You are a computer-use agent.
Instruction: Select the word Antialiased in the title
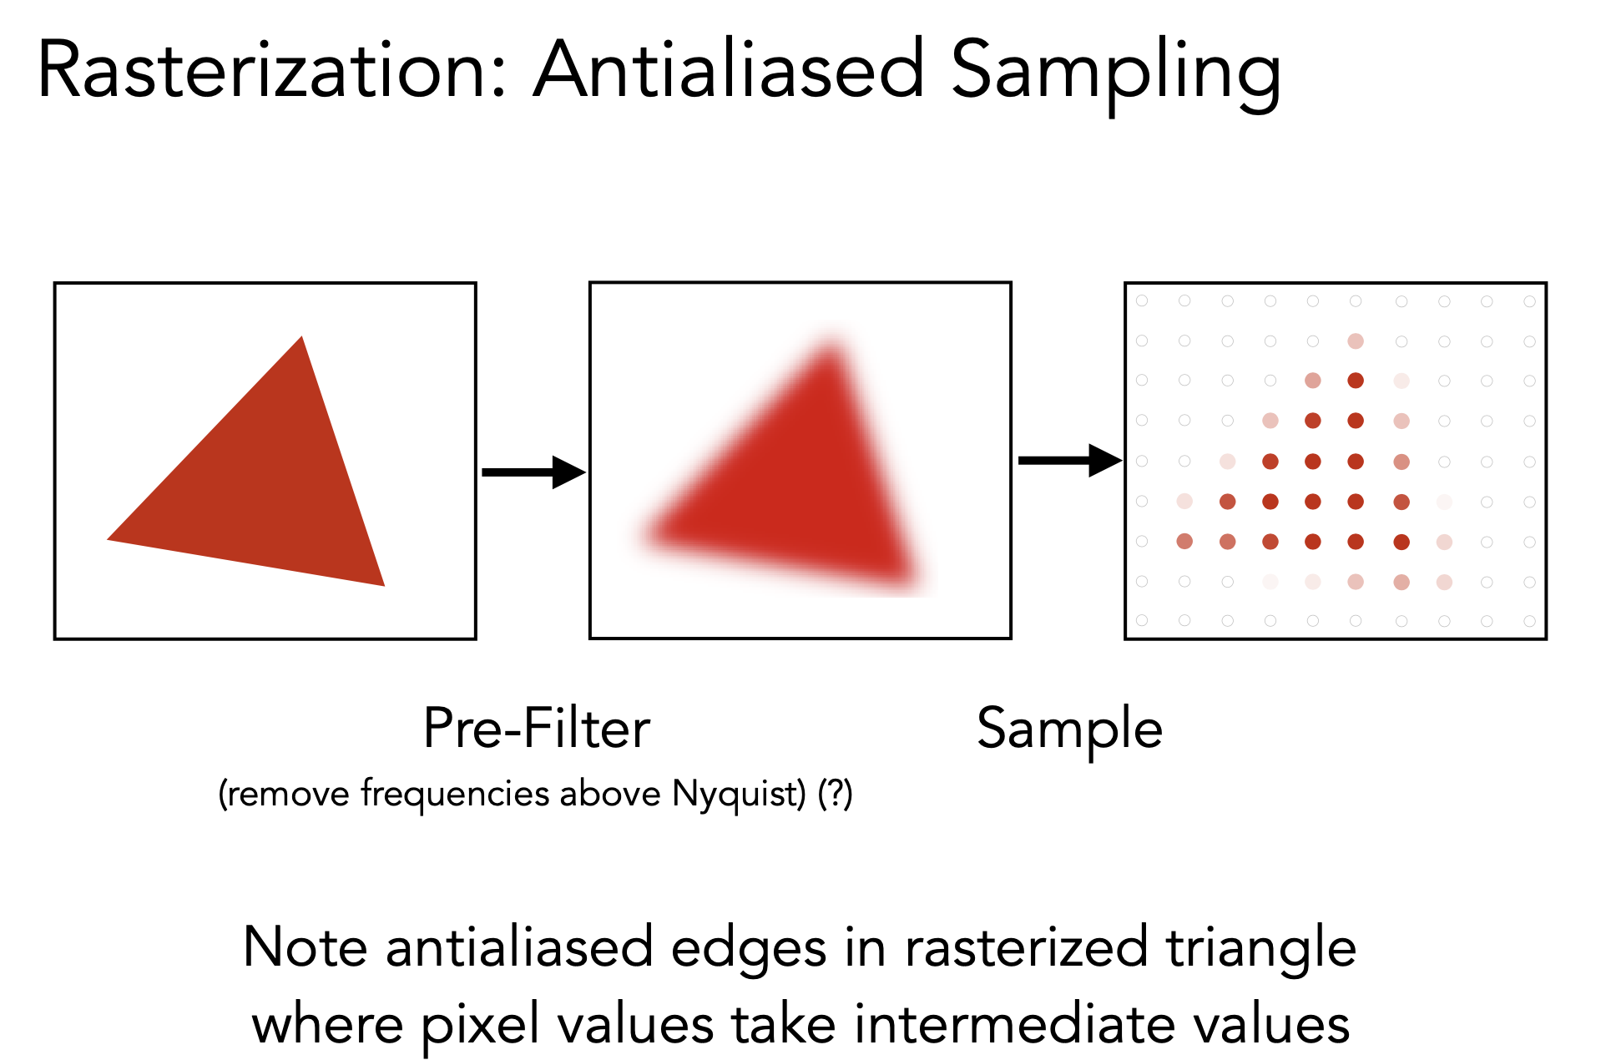730,70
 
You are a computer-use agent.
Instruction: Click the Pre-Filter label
537,729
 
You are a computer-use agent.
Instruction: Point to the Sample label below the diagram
1070,730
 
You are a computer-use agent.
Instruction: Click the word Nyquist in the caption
739,794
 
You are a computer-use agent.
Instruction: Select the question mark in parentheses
835,793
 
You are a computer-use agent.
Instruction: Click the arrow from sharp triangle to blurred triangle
534,472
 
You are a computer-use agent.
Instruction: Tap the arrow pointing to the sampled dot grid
1070,460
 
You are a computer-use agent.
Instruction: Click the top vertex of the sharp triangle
302,336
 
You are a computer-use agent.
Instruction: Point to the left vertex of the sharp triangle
108,539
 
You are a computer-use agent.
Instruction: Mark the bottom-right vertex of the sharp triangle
384,586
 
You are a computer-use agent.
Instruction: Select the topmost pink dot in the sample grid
1356,341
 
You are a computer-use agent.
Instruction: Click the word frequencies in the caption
455,793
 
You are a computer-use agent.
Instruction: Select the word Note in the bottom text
306,948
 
